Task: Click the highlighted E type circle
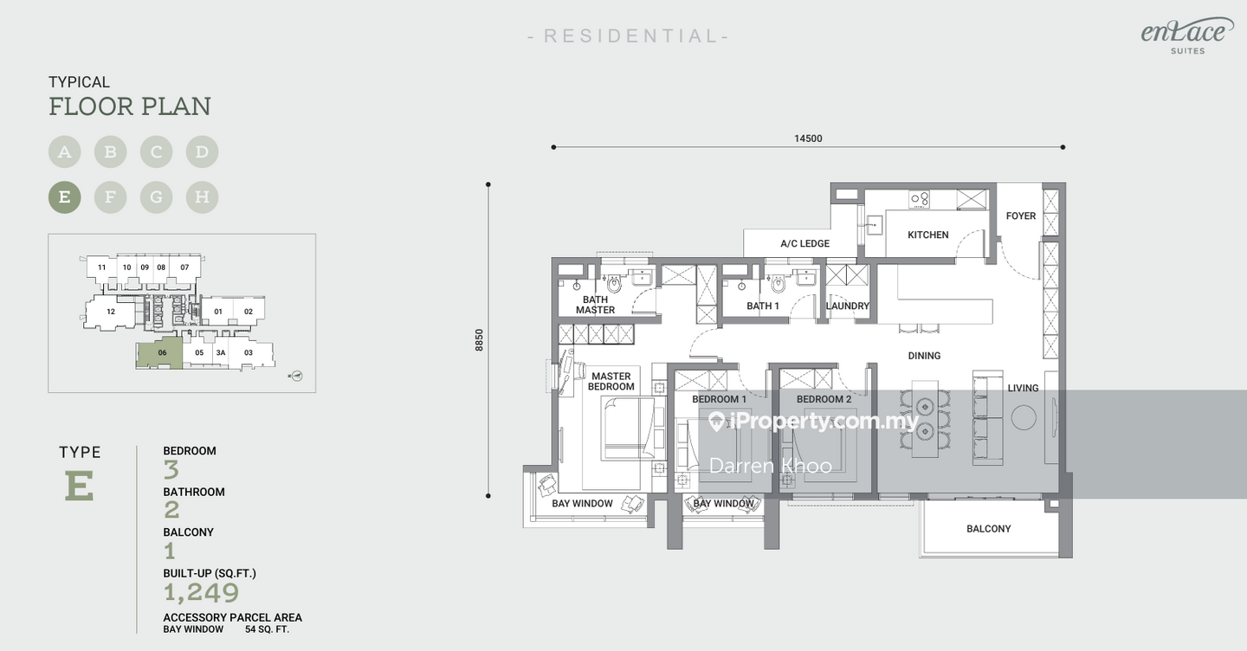(65, 197)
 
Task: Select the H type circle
(202, 197)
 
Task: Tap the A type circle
(65, 151)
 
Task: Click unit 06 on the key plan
(160, 352)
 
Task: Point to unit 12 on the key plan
(111, 312)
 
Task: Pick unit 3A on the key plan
(221, 352)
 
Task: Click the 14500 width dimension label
(808, 139)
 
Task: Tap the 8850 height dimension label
(480, 340)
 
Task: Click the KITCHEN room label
(928, 235)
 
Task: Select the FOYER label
(1021, 216)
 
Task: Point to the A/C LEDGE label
(805, 244)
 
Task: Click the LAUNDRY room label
(847, 306)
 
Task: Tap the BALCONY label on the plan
(989, 529)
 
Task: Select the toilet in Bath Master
(614, 284)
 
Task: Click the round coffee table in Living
(1024, 417)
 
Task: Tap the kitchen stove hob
(919, 198)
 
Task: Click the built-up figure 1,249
(202, 593)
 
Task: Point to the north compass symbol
(296, 376)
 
